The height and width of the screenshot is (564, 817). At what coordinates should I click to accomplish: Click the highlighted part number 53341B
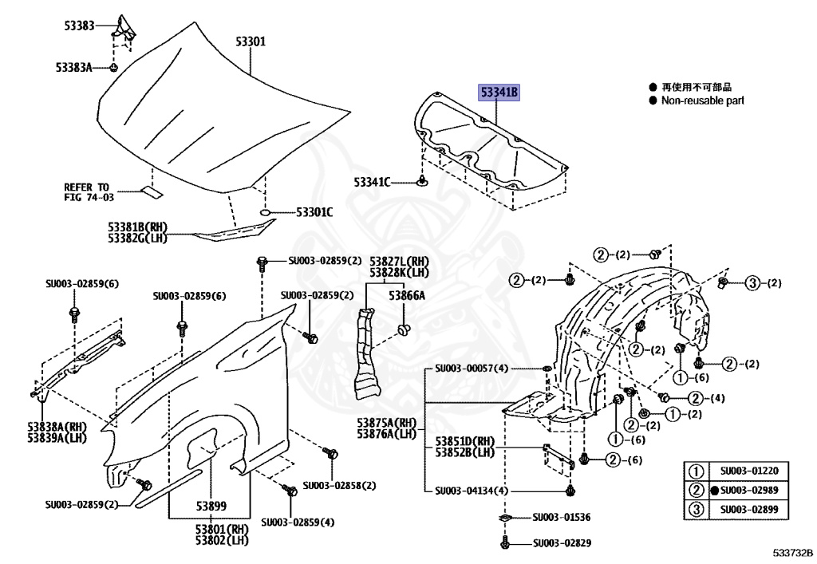[x=499, y=93]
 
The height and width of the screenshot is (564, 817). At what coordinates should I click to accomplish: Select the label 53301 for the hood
[x=251, y=41]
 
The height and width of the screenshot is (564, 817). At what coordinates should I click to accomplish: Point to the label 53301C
[x=314, y=211]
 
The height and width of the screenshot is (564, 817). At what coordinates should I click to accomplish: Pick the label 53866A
[x=407, y=295]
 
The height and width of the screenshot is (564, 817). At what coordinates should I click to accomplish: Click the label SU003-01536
[x=562, y=518]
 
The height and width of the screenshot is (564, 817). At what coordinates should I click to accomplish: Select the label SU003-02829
[x=562, y=543]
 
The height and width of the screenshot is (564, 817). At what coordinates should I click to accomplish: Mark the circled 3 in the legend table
[x=696, y=510]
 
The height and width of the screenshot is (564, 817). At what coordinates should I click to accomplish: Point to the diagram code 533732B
[x=791, y=552]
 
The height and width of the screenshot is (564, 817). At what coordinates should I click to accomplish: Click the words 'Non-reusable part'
[x=702, y=101]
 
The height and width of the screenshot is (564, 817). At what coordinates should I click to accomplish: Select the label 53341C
[x=373, y=183]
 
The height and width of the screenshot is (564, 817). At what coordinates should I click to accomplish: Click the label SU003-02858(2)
[x=339, y=485]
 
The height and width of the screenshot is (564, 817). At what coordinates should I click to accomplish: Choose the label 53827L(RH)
[x=399, y=262]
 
